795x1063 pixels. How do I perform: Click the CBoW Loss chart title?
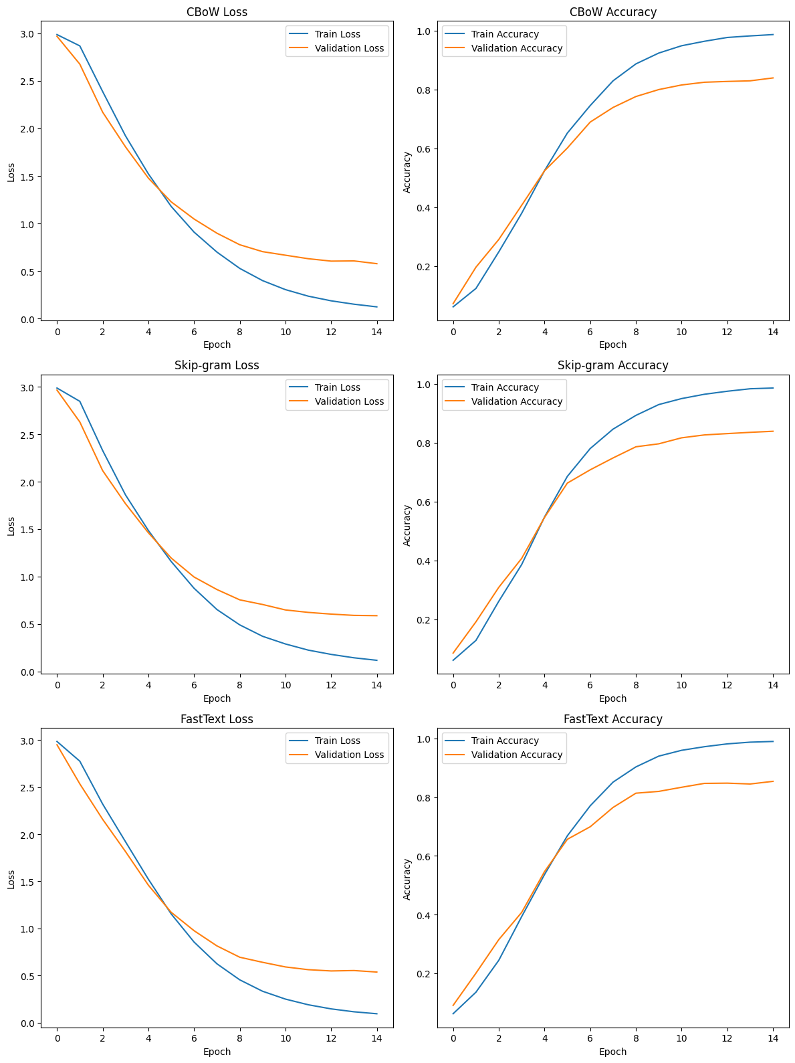coord(216,12)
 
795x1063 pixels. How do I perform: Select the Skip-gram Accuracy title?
coord(612,365)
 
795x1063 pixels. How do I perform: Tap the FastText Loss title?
coord(216,718)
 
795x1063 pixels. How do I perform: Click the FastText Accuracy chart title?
coord(612,718)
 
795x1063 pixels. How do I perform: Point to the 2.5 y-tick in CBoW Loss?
coord(27,82)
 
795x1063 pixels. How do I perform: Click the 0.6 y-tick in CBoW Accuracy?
coord(423,149)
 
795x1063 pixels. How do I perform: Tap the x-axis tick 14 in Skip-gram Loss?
coord(376,685)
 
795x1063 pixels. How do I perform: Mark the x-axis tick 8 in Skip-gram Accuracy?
coord(635,685)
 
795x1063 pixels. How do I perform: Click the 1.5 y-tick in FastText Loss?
coord(27,882)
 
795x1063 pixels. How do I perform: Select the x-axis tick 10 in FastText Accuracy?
coord(681,1038)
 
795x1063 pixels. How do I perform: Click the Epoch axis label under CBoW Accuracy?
coord(612,345)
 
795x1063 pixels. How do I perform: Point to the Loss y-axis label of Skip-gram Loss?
coord(11,526)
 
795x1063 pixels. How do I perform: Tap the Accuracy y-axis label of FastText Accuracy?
coord(407,879)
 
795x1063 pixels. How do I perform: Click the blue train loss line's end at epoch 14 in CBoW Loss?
coord(376,306)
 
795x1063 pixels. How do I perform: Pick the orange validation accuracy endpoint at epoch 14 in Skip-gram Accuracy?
coord(772,431)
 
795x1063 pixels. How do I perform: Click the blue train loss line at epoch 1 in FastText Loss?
coord(80,761)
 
